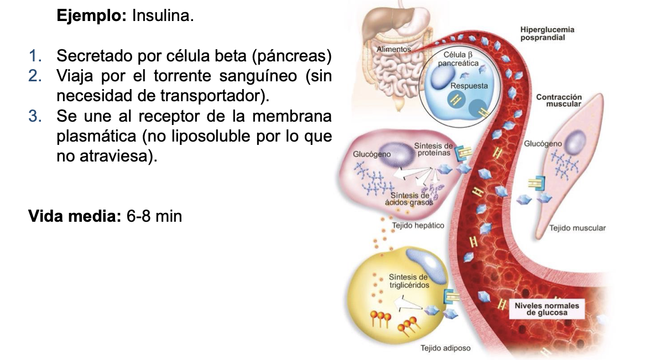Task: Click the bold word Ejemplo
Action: pyautogui.click(x=92, y=16)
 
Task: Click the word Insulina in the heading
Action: pyautogui.click(x=163, y=16)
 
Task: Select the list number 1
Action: pyautogui.click(x=35, y=56)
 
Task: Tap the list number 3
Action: pyautogui.click(x=35, y=117)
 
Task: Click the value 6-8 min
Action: pyautogui.click(x=154, y=216)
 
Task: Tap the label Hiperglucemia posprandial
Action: pyautogui.click(x=547, y=33)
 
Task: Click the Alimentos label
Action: pyautogui.click(x=394, y=50)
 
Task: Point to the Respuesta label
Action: pyautogui.click(x=469, y=86)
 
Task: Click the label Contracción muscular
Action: pyautogui.click(x=559, y=101)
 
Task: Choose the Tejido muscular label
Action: pyautogui.click(x=577, y=228)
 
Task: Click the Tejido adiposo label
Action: pyautogui.click(x=445, y=348)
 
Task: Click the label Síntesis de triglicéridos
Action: pyautogui.click(x=408, y=280)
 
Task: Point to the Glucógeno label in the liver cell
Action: pyautogui.click(x=372, y=154)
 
